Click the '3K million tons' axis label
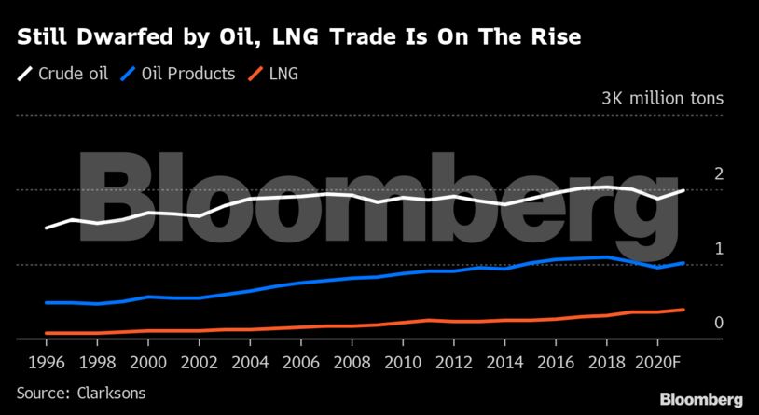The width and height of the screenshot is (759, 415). [662, 98]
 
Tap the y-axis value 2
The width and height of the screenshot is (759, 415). [719, 173]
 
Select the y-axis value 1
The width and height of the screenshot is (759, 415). [719, 248]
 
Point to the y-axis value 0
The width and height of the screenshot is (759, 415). [719, 323]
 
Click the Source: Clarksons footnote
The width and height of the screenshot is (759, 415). [81, 393]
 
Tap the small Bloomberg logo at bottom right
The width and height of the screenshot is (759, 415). [701, 399]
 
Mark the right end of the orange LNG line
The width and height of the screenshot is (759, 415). [684, 310]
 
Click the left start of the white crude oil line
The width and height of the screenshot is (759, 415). [47, 228]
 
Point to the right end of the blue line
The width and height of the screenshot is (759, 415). [684, 263]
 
